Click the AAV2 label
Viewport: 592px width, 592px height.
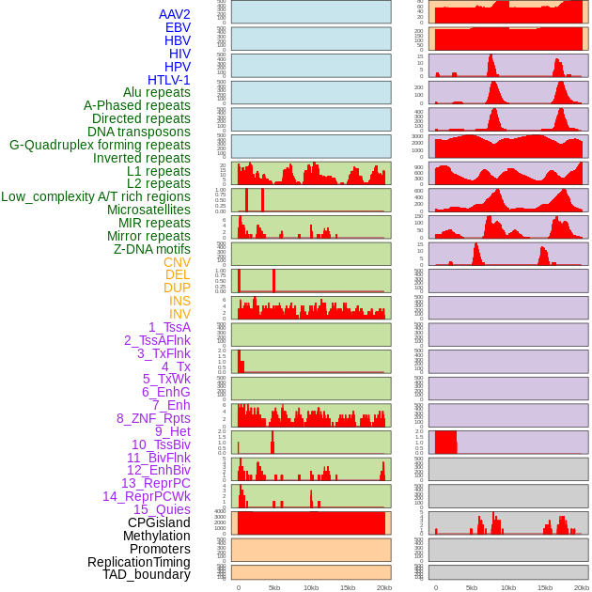click(x=175, y=14)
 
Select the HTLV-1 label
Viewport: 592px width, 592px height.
click(x=169, y=80)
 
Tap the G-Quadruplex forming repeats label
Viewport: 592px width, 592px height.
click(x=100, y=145)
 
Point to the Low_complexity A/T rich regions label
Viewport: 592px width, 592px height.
click(x=96, y=196)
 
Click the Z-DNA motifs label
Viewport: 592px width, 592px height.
click(x=152, y=249)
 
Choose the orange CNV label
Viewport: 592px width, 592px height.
click(x=177, y=262)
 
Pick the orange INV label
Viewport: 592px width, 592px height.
click(x=179, y=314)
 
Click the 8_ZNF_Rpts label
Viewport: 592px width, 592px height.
click(x=153, y=418)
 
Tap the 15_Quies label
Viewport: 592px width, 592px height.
click(x=162, y=509)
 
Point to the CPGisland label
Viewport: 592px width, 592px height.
click(x=159, y=522)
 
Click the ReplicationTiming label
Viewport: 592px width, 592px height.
click(x=139, y=562)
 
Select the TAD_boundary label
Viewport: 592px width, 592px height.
click(x=147, y=574)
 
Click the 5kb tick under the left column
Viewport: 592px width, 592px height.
click(x=274, y=587)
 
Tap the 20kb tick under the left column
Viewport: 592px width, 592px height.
click(x=383, y=587)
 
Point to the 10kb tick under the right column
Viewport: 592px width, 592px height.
click(x=508, y=587)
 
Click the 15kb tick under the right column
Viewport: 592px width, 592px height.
click(x=545, y=587)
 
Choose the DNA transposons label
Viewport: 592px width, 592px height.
click(x=139, y=132)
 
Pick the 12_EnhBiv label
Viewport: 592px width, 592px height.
click(x=159, y=470)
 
